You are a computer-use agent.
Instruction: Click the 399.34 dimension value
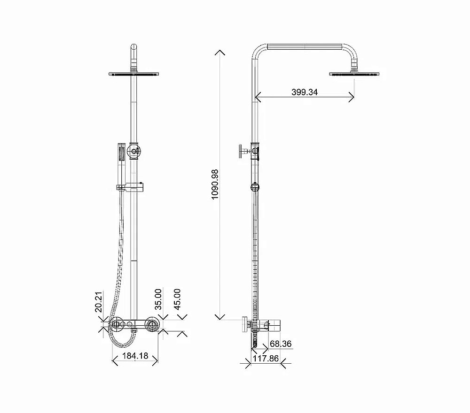click(x=304, y=92)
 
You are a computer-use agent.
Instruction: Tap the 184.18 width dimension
click(x=135, y=356)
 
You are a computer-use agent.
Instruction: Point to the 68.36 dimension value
click(x=281, y=344)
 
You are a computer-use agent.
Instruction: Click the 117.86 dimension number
click(x=266, y=359)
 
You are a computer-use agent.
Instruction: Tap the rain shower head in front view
click(x=134, y=74)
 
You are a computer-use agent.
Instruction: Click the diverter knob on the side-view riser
click(x=243, y=151)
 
